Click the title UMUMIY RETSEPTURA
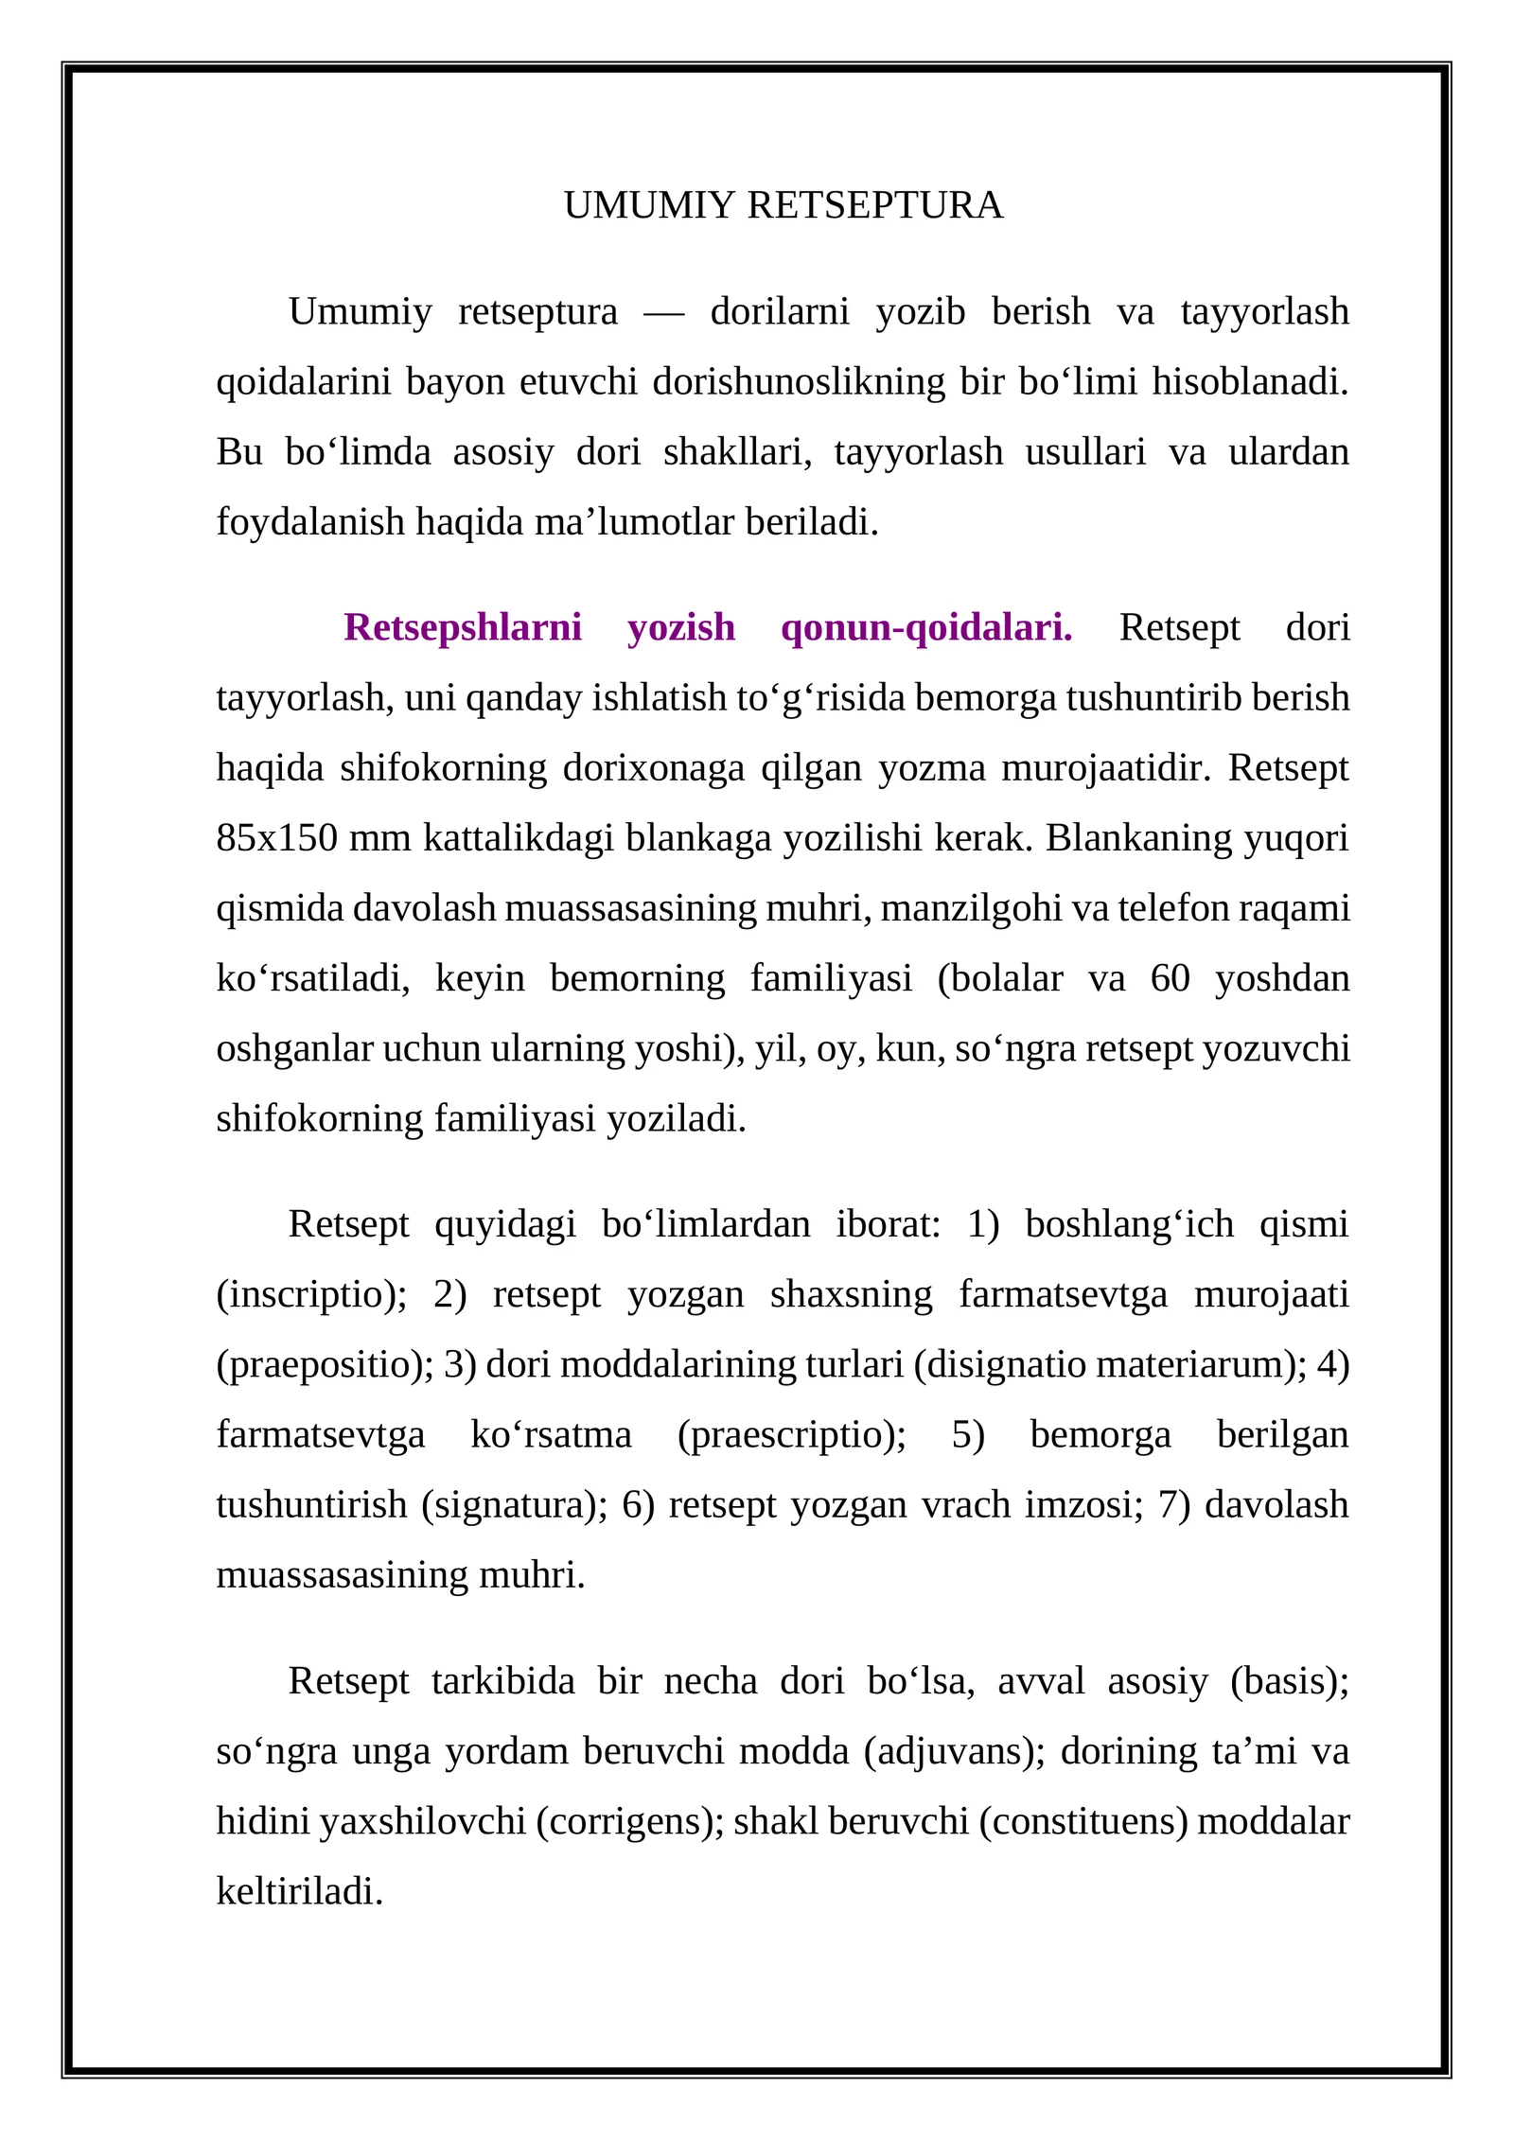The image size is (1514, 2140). click(x=783, y=205)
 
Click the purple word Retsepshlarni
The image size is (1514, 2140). click(x=462, y=627)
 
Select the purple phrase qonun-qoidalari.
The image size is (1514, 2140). click(x=926, y=627)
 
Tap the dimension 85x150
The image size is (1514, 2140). click(x=276, y=838)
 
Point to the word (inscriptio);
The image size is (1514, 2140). click(x=311, y=1294)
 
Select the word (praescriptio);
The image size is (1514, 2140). click(x=792, y=1434)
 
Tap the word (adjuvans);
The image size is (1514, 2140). click(x=955, y=1751)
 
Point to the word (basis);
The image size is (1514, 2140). click(x=1290, y=1681)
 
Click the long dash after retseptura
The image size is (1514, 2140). click(x=663, y=313)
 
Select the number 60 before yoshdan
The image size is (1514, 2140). click(x=1170, y=978)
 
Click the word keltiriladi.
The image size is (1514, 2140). click(x=299, y=1891)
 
